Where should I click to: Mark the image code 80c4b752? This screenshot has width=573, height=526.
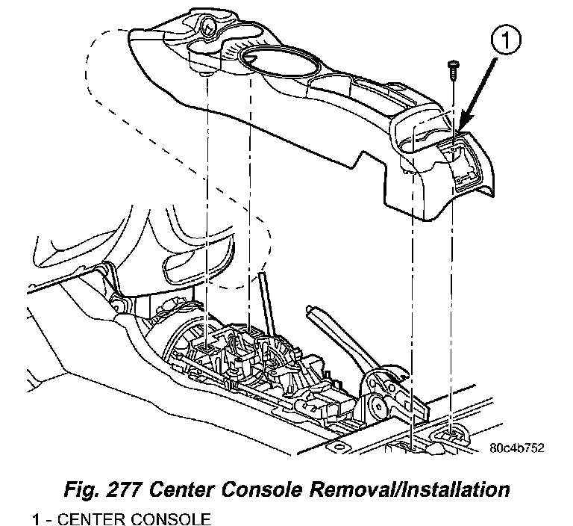[x=516, y=448]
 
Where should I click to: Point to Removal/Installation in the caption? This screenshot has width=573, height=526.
[x=422, y=490]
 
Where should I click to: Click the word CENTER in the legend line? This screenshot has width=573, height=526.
[x=87, y=517]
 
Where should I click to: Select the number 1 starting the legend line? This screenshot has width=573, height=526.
[x=35, y=517]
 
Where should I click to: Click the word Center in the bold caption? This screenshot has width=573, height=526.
[x=198, y=490]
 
